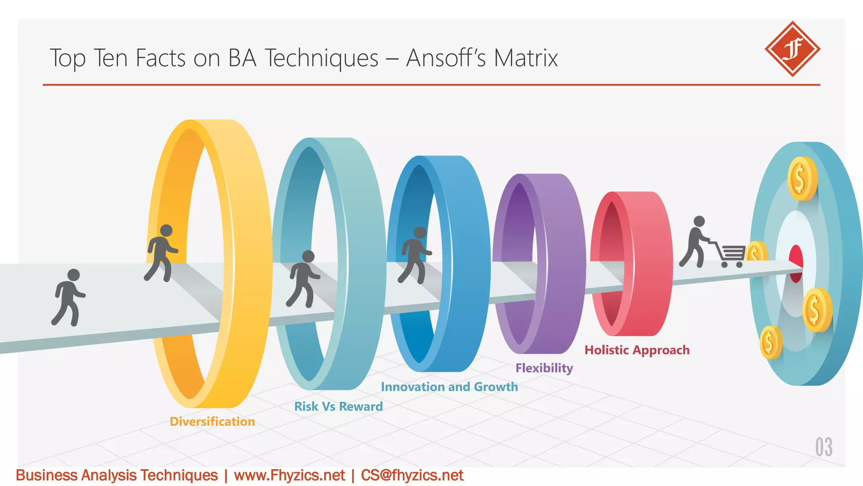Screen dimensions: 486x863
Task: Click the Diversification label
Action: click(212, 421)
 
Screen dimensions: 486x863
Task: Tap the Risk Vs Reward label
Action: click(338, 406)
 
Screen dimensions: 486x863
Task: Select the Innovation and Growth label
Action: click(449, 387)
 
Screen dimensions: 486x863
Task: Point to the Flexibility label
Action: click(544, 368)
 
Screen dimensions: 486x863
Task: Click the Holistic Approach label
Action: click(637, 350)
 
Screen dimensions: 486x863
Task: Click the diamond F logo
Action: click(792, 49)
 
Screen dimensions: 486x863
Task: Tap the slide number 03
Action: click(823, 447)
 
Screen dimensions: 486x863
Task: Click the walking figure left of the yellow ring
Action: click(68, 297)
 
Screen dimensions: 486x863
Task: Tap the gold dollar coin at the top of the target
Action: click(801, 178)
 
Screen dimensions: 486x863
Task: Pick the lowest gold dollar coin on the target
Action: click(770, 342)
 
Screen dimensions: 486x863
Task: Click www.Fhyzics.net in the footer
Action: click(289, 475)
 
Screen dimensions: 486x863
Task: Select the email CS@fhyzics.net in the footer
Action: click(412, 475)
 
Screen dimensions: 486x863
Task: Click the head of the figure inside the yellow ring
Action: click(166, 230)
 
